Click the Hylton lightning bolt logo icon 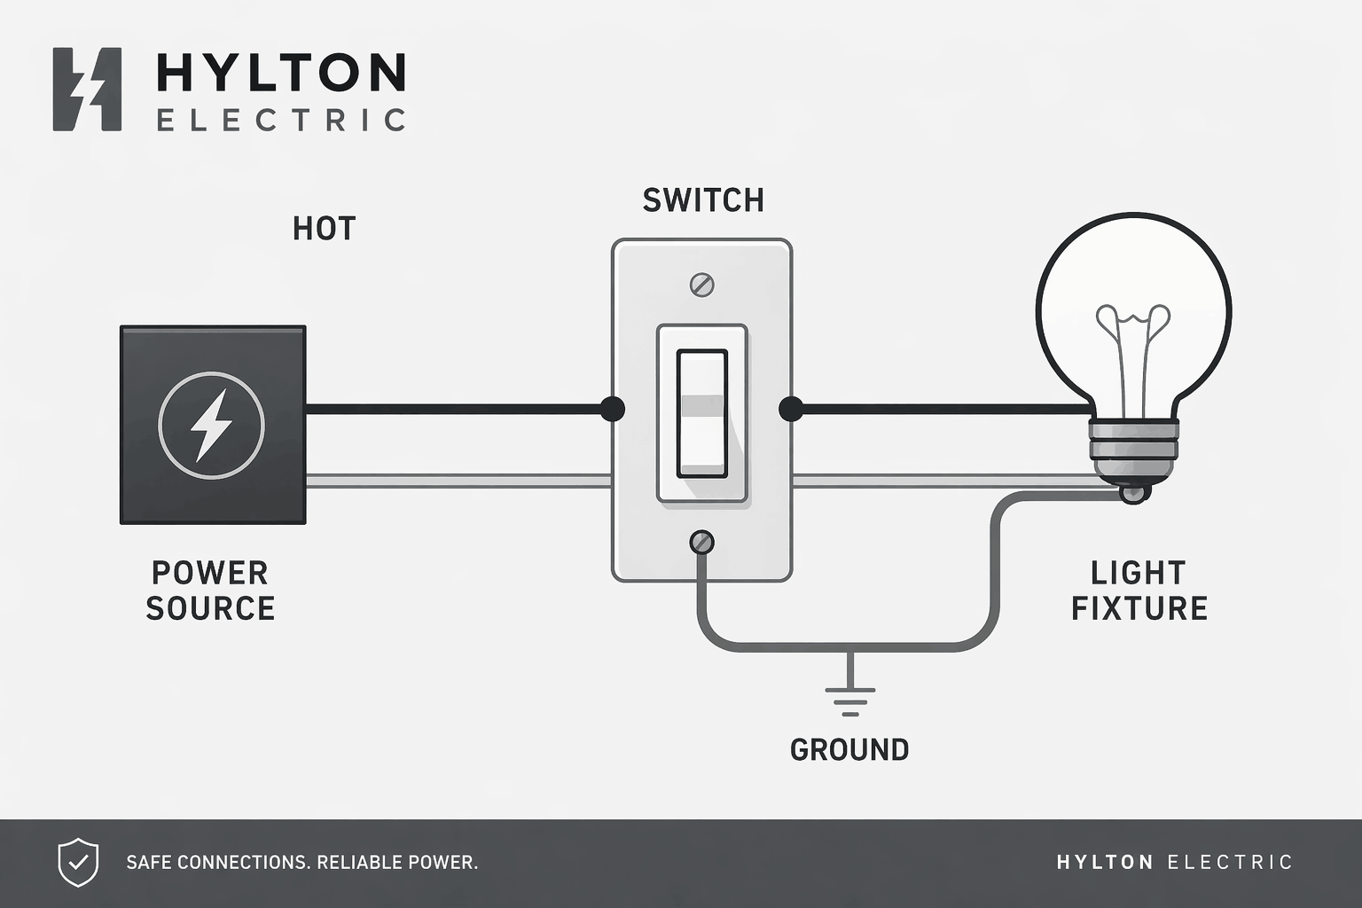pyautogui.click(x=87, y=90)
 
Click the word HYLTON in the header pyautogui.click(x=280, y=73)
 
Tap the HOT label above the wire pyautogui.click(x=324, y=229)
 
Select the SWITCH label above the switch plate pyautogui.click(x=703, y=200)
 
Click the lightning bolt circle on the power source pyautogui.click(x=211, y=425)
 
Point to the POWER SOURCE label pyautogui.click(x=210, y=591)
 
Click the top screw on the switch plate pyautogui.click(x=701, y=285)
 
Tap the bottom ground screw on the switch pyautogui.click(x=701, y=542)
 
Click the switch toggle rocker pyautogui.click(x=701, y=413)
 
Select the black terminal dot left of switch pyautogui.click(x=612, y=409)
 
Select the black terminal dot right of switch pyautogui.click(x=790, y=409)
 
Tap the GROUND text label pyautogui.click(x=849, y=750)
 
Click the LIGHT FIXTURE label pyautogui.click(x=1139, y=591)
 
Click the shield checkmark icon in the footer pyautogui.click(x=78, y=862)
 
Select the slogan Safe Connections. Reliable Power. pyautogui.click(x=301, y=862)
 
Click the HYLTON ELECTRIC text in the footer pyautogui.click(x=1174, y=862)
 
